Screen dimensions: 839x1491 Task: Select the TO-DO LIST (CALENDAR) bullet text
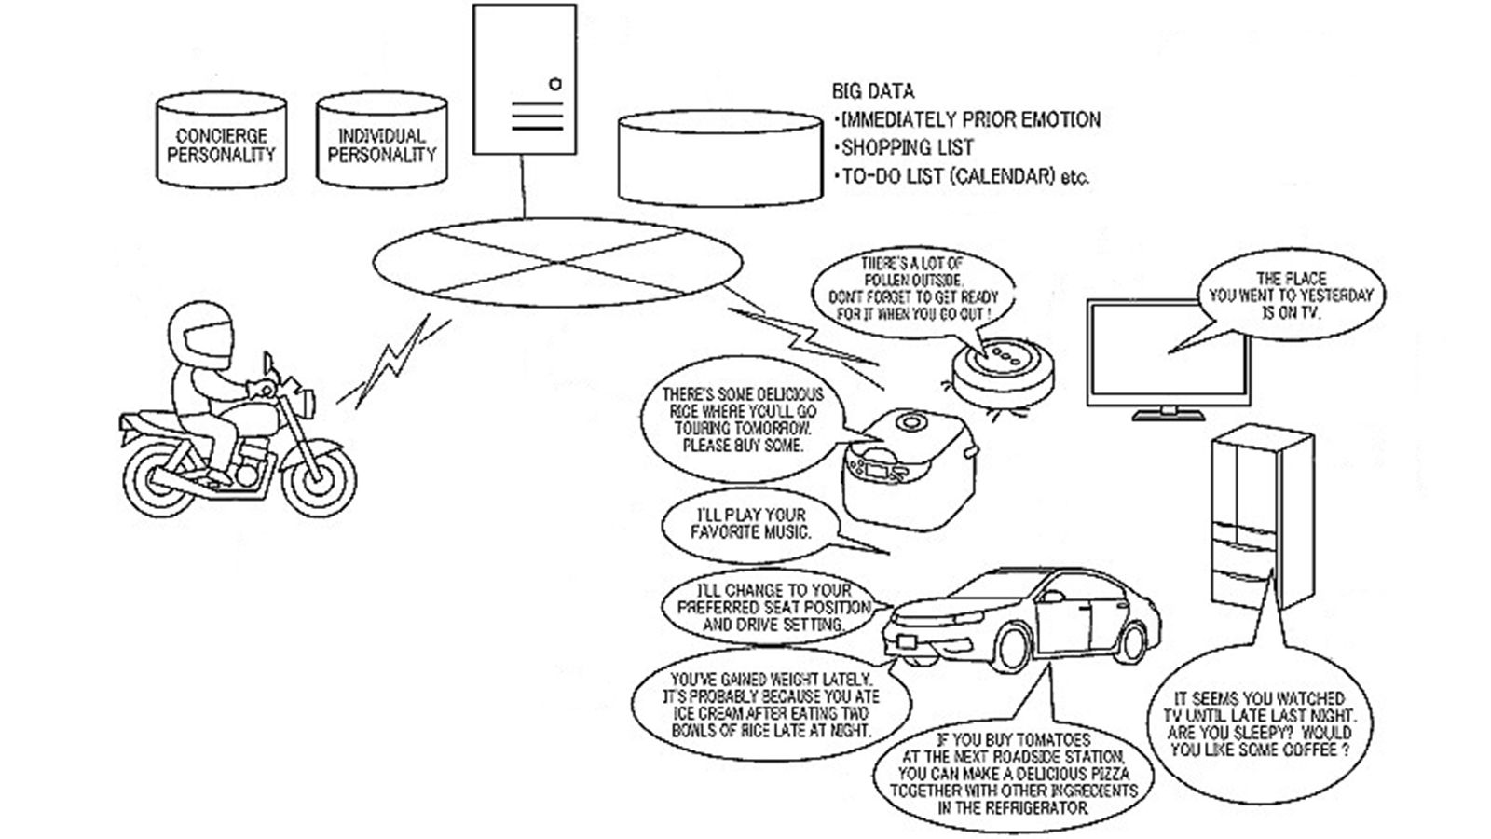964,176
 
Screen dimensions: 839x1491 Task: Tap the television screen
1169,351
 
